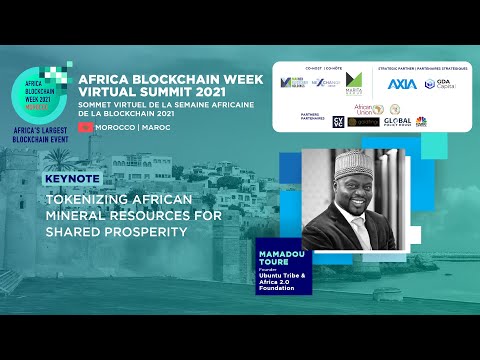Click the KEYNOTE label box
pyautogui.click(x=69, y=180)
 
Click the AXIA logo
pyautogui.click(x=401, y=84)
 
